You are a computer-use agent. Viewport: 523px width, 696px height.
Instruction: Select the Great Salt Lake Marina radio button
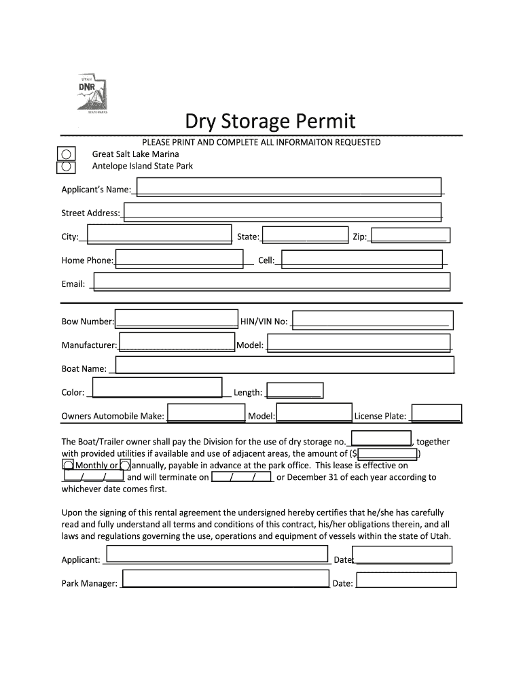(x=67, y=154)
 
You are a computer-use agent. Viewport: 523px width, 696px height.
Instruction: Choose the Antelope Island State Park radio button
(x=67, y=166)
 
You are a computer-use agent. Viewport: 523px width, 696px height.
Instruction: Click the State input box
(x=305, y=235)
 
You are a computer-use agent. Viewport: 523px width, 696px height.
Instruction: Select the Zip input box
(x=411, y=235)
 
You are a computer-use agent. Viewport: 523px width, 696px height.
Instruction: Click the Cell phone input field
(x=365, y=259)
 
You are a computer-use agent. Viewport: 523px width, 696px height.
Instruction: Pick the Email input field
(x=272, y=282)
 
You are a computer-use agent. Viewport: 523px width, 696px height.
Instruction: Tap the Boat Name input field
(x=285, y=365)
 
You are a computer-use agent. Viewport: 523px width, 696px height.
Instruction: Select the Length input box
(x=294, y=390)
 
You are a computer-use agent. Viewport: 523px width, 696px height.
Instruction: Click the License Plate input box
(x=437, y=413)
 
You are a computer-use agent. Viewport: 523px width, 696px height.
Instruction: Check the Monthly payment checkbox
(x=68, y=465)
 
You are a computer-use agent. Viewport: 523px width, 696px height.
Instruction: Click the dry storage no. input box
(x=381, y=438)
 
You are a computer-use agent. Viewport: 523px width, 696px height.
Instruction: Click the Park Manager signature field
(x=225, y=579)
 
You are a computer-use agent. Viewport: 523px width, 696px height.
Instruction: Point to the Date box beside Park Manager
(x=406, y=580)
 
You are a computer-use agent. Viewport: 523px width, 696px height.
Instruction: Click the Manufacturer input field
(x=177, y=342)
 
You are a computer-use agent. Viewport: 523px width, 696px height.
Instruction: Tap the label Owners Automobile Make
(x=113, y=416)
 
